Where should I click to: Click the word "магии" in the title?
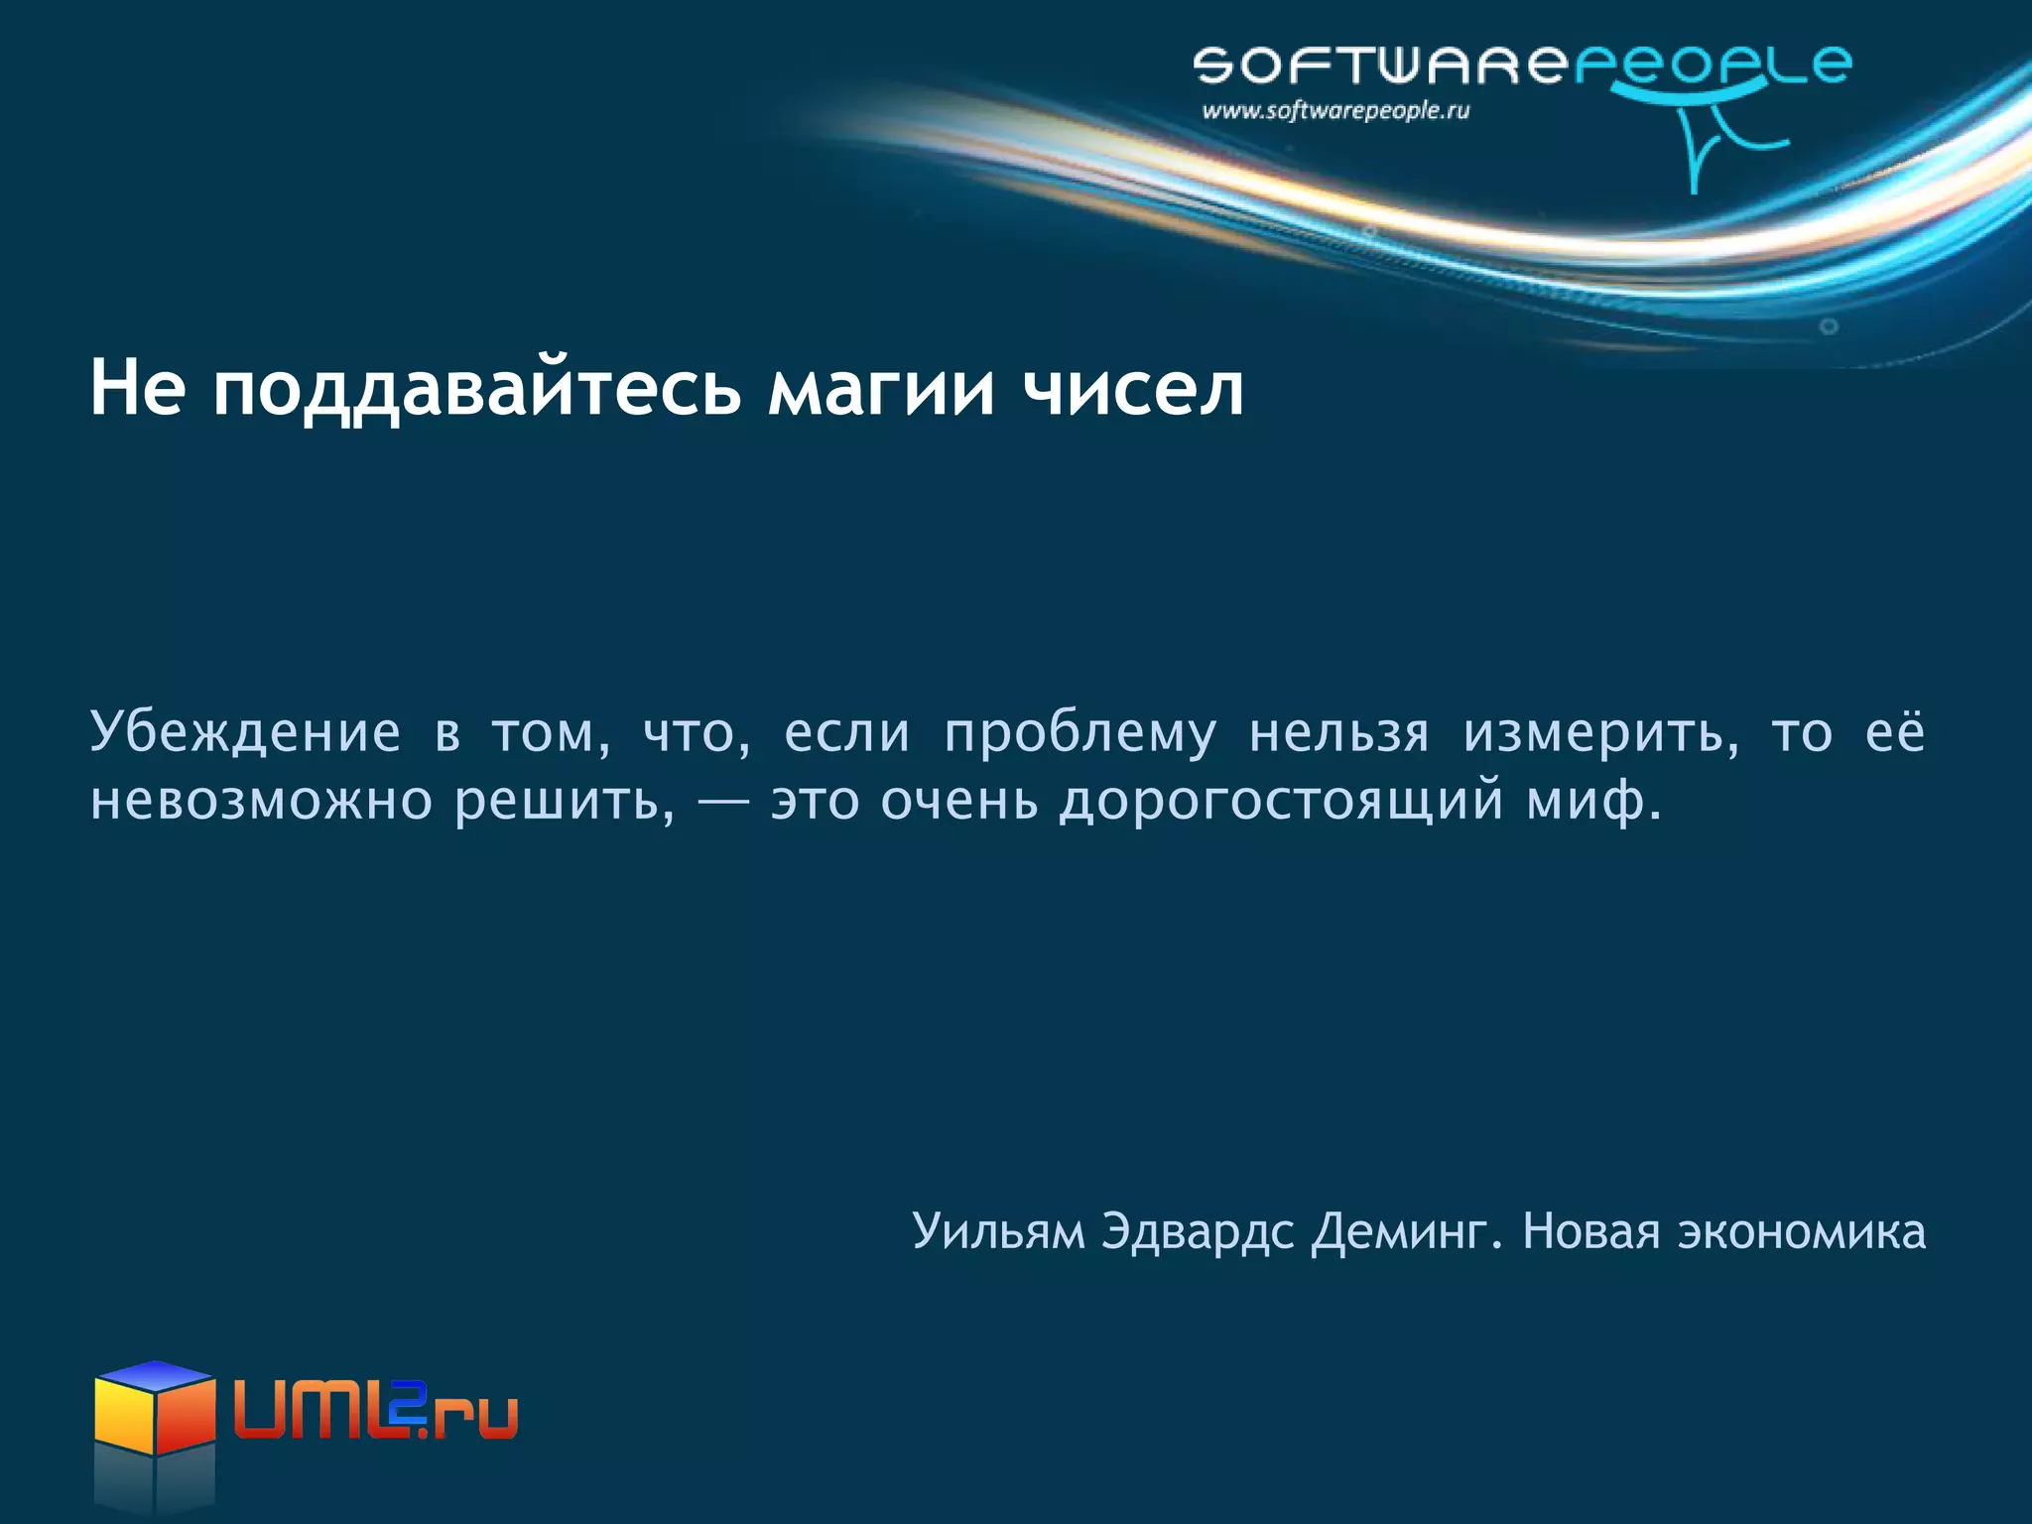tap(881, 389)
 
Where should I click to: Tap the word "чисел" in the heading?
tap(1133, 389)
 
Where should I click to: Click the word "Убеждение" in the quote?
tap(245, 734)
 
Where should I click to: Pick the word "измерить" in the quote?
tap(1599, 734)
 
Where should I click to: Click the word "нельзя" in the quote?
tap(1339, 734)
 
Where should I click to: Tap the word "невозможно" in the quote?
tap(261, 802)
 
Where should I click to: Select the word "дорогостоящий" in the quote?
tap(1281, 802)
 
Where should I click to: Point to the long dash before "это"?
tap(722, 802)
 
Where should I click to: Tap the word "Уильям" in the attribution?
tap(998, 1232)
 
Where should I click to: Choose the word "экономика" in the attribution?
tap(1801, 1232)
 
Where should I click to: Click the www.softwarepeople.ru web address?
tap(1335, 111)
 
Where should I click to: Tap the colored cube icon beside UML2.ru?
tap(155, 1409)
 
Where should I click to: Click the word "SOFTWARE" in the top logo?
tap(1380, 65)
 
